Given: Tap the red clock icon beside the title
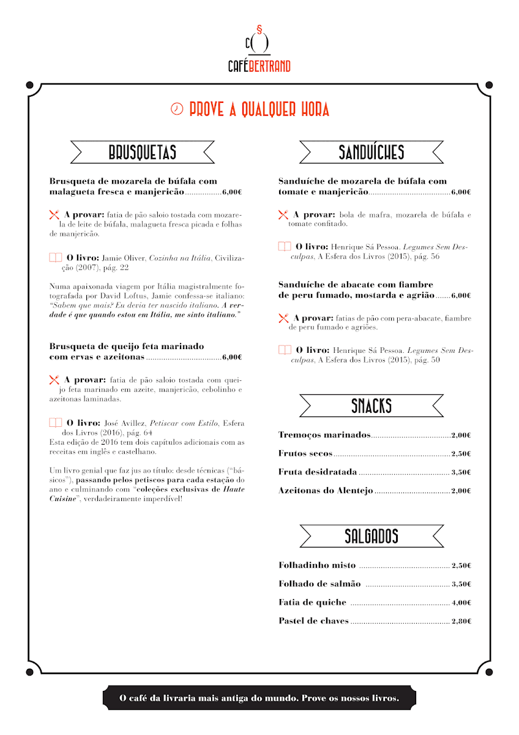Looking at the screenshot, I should (x=177, y=109).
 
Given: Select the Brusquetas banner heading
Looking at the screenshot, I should (x=143, y=152).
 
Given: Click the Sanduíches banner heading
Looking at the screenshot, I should (x=372, y=152).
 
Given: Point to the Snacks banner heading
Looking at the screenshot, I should (x=372, y=405).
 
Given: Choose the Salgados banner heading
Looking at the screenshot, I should (x=372, y=537).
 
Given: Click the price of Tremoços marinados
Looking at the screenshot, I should (x=461, y=435).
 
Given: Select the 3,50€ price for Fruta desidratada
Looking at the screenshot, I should (x=461, y=472).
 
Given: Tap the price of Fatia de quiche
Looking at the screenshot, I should (x=461, y=603).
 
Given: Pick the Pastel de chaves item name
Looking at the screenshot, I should (x=313, y=621).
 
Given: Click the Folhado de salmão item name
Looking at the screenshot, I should (x=319, y=584).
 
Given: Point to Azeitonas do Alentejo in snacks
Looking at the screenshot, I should (x=326, y=491).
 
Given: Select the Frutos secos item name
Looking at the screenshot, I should (x=305, y=454).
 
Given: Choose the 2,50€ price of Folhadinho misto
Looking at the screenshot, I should (x=461, y=566).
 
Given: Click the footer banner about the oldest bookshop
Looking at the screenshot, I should (x=259, y=698).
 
